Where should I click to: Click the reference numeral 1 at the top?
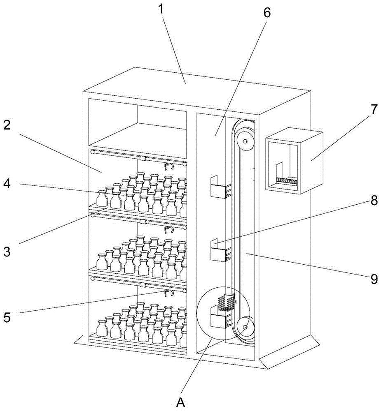coord(161,9)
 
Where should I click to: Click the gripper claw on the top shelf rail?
coord(168,166)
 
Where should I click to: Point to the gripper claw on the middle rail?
coord(168,229)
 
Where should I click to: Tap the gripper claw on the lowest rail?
coord(168,293)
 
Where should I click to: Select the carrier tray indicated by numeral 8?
coord(219,250)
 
